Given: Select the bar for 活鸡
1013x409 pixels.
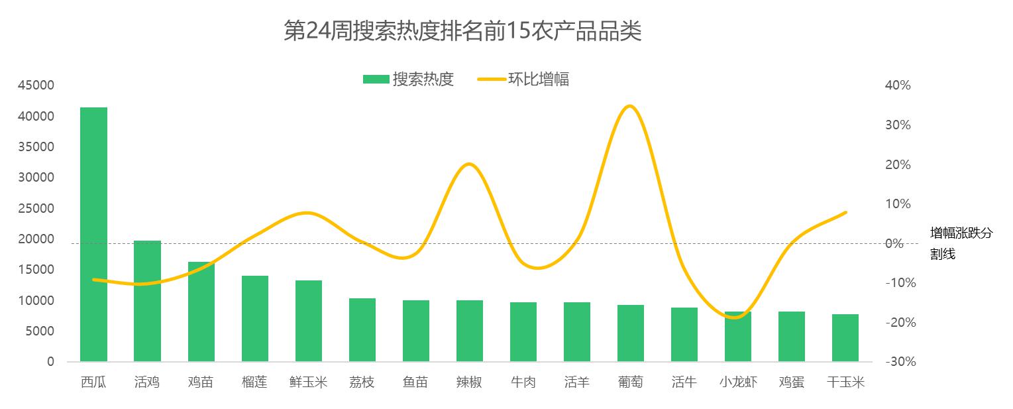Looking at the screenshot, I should click(x=147, y=301).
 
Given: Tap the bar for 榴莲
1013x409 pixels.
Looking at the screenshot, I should click(x=255, y=318).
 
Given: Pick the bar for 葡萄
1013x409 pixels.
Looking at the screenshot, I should click(x=631, y=333).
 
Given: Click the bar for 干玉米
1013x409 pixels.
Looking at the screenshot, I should click(x=845, y=337).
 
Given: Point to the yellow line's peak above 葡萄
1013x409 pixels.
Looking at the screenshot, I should click(x=630, y=106).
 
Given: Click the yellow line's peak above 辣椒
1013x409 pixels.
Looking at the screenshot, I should click(x=469, y=164).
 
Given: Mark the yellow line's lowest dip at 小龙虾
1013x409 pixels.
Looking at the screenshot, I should click(x=737, y=318).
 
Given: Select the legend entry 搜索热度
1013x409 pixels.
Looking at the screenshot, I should click(x=408, y=80).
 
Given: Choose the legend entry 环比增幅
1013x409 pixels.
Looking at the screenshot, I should click(x=523, y=80).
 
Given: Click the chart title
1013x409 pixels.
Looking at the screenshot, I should click(x=462, y=31).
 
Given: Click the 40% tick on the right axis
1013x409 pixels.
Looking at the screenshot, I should click(x=898, y=86).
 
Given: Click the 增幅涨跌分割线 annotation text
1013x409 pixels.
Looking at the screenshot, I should click(x=961, y=243).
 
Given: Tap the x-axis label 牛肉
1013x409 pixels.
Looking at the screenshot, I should click(x=523, y=382).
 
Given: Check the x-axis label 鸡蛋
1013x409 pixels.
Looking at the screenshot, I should click(x=792, y=382).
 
